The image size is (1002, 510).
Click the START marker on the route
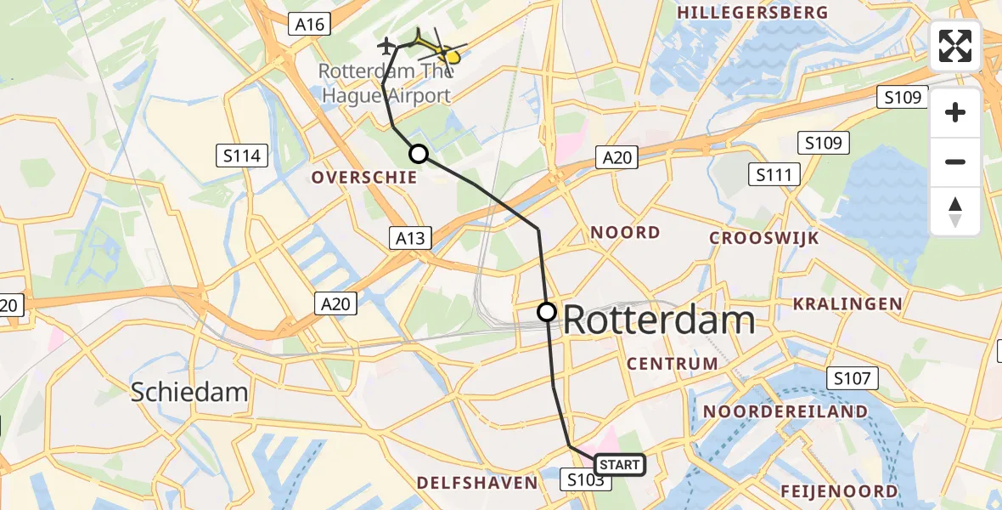[620, 465]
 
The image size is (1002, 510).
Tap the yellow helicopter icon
[438, 49]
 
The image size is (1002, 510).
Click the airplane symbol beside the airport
[387, 44]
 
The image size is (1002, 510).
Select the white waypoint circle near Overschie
[418, 154]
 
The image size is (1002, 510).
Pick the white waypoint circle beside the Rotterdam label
[547, 312]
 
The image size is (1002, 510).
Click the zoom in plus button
[955, 112]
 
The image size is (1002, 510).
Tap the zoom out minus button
[955, 161]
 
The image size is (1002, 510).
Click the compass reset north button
[955, 211]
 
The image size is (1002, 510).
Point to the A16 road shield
[309, 25]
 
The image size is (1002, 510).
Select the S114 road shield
[242, 156]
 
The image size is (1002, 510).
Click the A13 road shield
[412, 238]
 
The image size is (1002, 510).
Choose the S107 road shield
[853, 378]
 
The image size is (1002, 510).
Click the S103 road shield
[585, 479]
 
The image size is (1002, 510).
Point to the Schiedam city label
[189, 392]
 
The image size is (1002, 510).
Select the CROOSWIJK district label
[764, 238]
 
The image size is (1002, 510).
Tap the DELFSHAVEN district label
[477, 483]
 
